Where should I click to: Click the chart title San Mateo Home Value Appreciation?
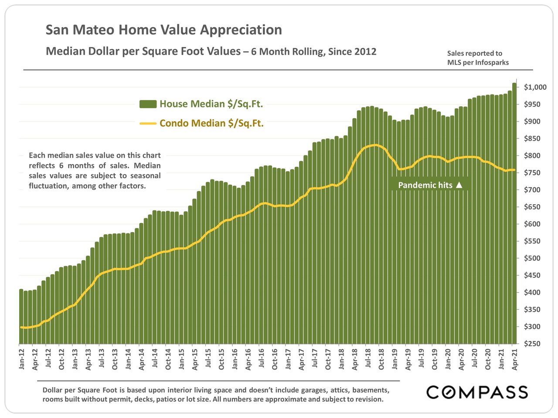pyautogui.click(x=164, y=30)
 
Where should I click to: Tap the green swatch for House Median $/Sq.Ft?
pyautogui.click(x=148, y=104)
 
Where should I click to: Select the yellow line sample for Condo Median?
pyautogui.click(x=148, y=124)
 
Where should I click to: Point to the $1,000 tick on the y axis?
pyautogui.click(x=535, y=87)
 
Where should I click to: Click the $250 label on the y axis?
pyautogui.click(x=532, y=344)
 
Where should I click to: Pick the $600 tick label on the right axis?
pyautogui.click(x=532, y=224)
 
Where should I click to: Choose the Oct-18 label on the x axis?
pyautogui.click(x=381, y=358)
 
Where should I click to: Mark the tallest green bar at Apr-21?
pyautogui.click(x=514, y=213)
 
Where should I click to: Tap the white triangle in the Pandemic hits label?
pyautogui.click(x=459, y=185)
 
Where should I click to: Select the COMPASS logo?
pyautogui.click(x=477, y=392)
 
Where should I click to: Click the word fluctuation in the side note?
pyautogui.click(x=49, y=186)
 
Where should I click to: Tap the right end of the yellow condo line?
pyautogui.click(x=514, y=170)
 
